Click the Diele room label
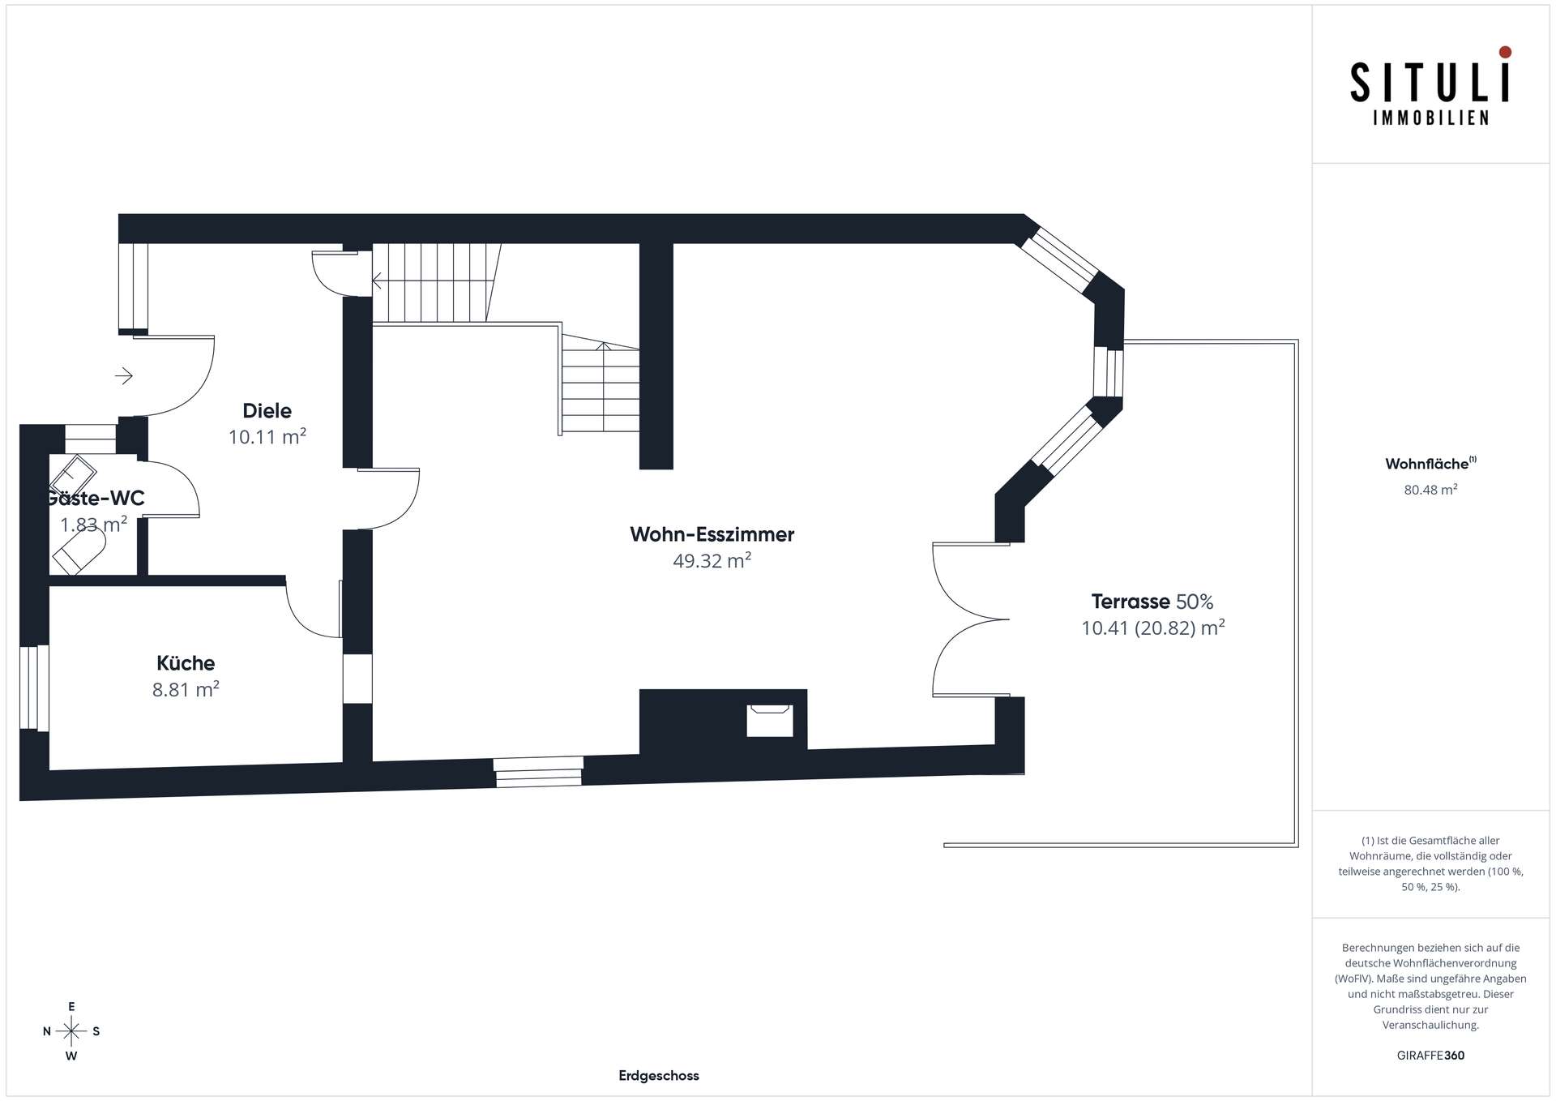267,410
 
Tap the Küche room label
186,662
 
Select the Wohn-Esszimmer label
712,534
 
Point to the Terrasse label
1131,602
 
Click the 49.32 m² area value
712,560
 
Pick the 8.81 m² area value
186,689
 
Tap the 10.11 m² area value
267,437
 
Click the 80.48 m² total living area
1430,490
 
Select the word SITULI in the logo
1430,82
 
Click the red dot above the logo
1505,52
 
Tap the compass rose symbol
71,1031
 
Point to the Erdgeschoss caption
659,1076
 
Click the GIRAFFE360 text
1430,1056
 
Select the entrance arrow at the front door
124,375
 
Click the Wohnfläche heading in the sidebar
1426,464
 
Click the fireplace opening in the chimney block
769,720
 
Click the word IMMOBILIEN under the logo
1430,118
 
